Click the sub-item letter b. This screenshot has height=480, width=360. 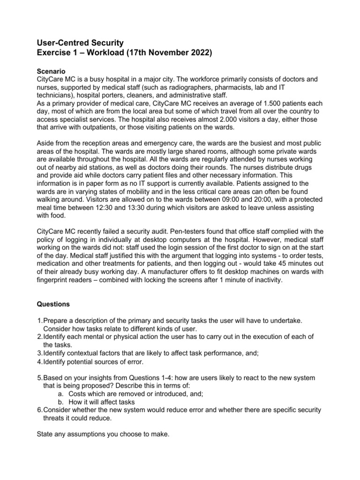(x=60, y=402)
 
